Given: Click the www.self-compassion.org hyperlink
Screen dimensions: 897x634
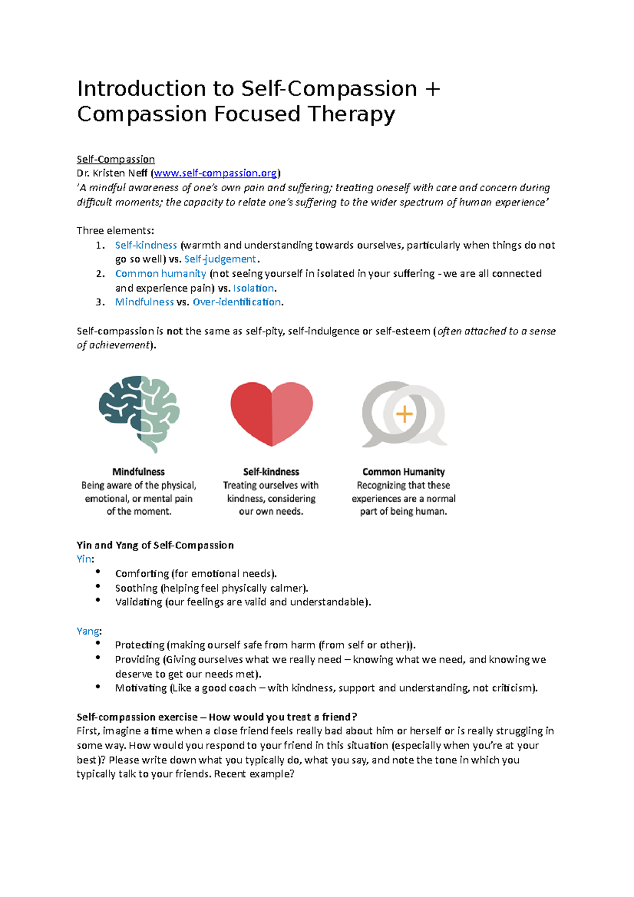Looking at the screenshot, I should (215, 173).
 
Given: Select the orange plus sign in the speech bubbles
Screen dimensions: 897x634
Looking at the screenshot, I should (404, 414).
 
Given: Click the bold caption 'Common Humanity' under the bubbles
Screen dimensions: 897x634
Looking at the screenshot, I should (403, 472).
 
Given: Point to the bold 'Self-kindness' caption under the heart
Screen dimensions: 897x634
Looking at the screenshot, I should (271, 472).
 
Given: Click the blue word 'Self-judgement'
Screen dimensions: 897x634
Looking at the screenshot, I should (220, 259).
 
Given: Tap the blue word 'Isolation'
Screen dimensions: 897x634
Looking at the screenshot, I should (254, 288).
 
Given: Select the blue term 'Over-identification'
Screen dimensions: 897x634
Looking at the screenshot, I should (237, 302).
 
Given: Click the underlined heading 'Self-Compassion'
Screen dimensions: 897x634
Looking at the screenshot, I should (116, 159).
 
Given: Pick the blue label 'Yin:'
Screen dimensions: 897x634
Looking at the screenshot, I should (85, 559).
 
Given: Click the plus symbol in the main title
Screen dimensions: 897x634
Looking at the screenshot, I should (432, 89).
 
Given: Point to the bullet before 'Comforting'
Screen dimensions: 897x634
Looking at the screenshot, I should (98, 572).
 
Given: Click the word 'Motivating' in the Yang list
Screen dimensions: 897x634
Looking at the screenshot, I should (141, 688).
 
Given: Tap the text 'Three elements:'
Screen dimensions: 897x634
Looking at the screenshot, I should (115, 230).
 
